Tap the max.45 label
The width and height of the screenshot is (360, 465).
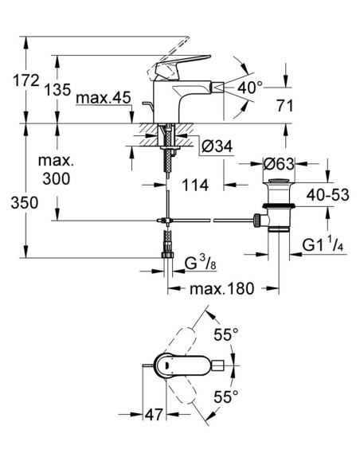tap(104, 99)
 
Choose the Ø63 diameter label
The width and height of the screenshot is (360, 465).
tap(279, 164)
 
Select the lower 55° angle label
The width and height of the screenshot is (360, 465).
tap(230, 396)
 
